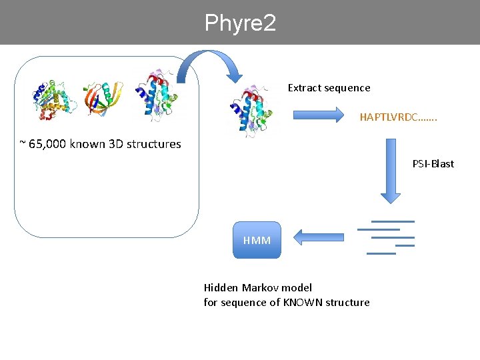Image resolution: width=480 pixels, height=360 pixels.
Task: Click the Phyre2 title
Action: point(240,23)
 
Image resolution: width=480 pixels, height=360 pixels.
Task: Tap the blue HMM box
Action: point(257,240)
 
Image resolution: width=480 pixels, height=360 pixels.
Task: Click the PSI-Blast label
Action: point(433,164)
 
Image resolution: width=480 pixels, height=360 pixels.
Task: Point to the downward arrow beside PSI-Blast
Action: point(391,171)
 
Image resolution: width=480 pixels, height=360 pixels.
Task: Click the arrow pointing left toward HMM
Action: point(319,237)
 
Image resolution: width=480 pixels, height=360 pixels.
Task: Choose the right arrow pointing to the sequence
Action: point(319,115)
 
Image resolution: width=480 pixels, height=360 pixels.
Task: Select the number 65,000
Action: point(47,144)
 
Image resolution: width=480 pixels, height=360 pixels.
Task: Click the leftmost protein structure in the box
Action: point(54,100)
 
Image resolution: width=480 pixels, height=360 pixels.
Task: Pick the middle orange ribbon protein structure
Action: point(103,98)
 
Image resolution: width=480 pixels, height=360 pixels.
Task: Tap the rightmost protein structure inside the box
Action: point(157,96)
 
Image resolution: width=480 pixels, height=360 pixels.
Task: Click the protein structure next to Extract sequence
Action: point(251,111)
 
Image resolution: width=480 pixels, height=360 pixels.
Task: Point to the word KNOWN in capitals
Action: point(303,302)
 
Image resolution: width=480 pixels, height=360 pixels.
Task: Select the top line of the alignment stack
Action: point(393,221)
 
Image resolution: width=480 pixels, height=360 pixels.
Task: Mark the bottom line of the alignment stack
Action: point(381,253)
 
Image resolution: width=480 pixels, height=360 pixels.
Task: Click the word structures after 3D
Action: point(154,144)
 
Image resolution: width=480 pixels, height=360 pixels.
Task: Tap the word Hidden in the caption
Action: point(221,288)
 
